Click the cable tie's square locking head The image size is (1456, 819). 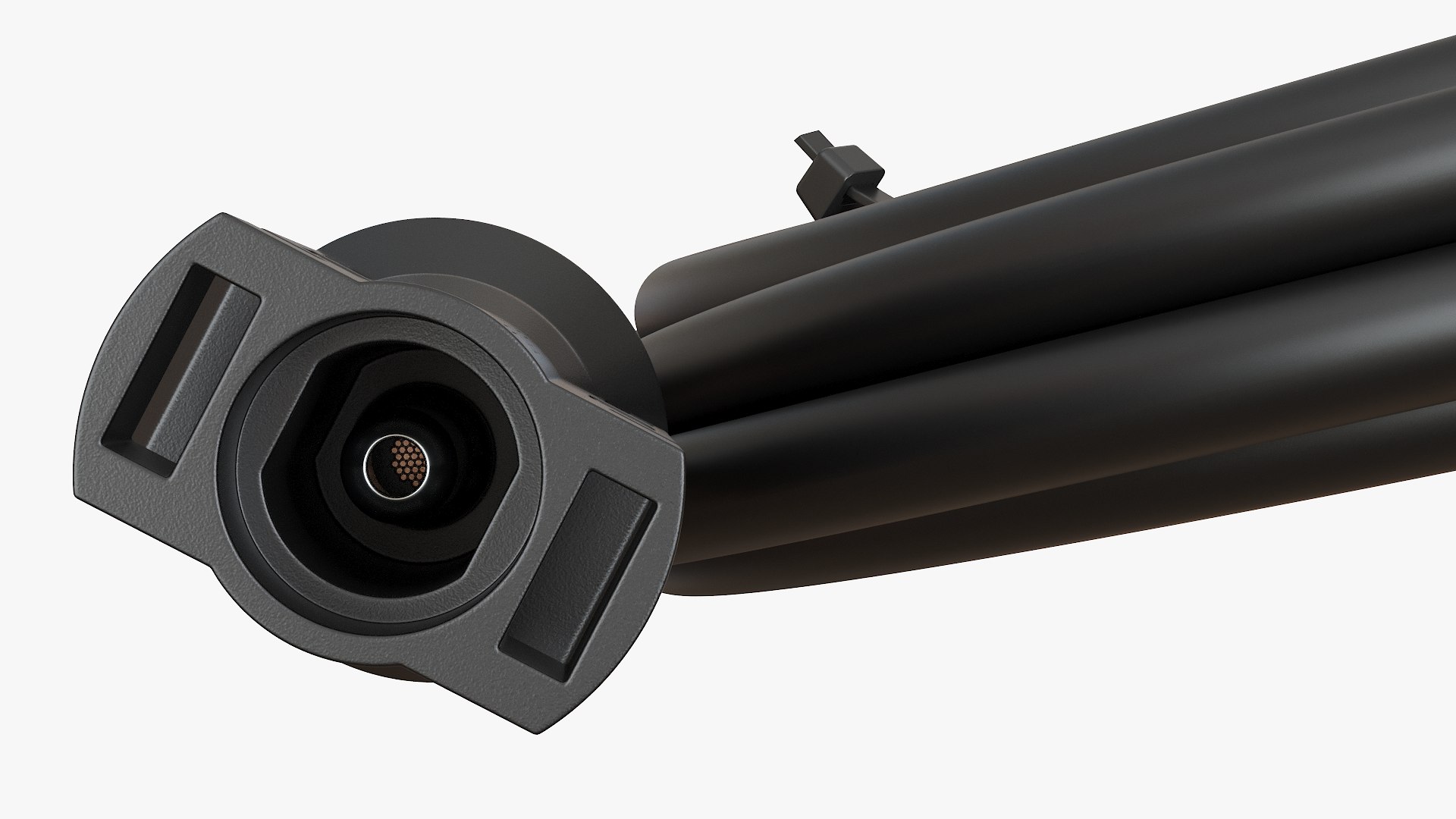click(846, 170)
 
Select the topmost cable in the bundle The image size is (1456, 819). click(1137, 121)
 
